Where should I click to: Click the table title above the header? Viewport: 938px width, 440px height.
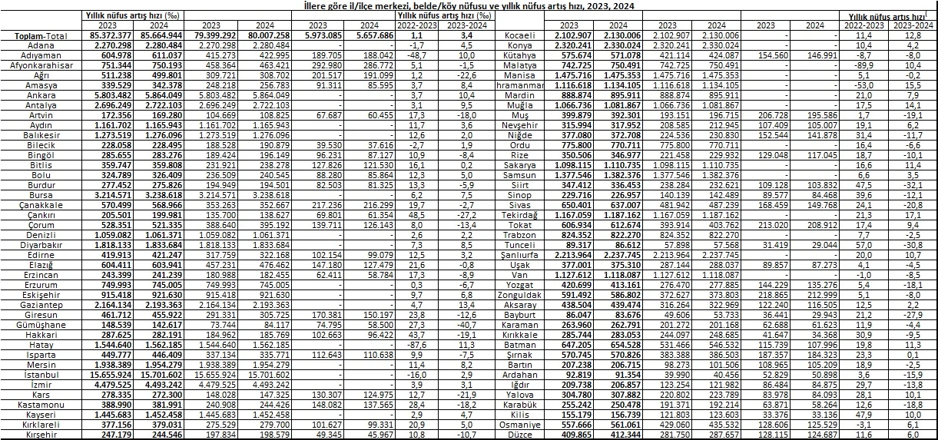click(469, 5)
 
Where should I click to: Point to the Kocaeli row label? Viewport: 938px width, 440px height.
click(525, 35)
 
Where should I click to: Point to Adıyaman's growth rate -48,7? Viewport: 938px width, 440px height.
click(419, 55)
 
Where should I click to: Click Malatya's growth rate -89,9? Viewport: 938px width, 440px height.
click(870, 65)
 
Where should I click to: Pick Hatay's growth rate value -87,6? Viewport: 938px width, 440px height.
click(419, 345)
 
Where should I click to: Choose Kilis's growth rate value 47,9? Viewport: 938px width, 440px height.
click(870, 415)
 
